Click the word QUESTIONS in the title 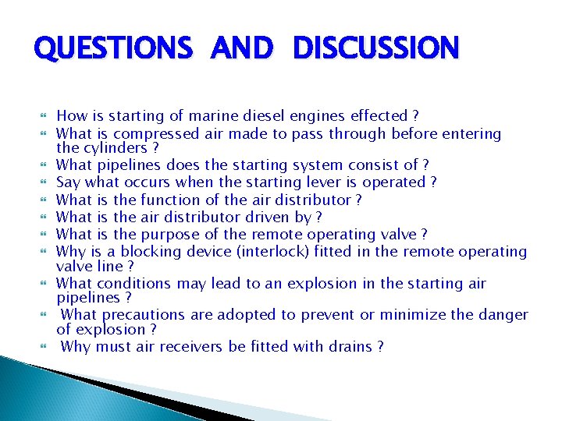click(x=112, y=49)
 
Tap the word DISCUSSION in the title click(x=376, y=49)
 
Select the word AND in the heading click(x=241, y=49)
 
